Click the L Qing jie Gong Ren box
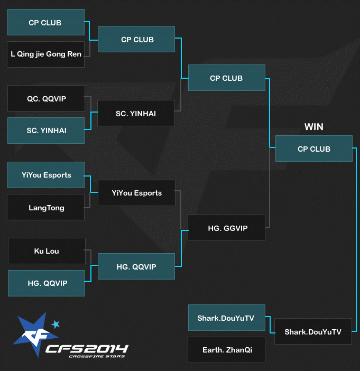pos(46,54)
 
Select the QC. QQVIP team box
pos(46,98)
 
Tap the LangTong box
pos(46,207)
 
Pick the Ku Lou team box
pos(46,251)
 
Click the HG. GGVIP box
pos(227,228)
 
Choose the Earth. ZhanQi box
pos(227,350)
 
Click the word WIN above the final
pos(313,127)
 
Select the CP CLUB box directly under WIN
pos(313,149)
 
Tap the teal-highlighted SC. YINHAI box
pos(46,131)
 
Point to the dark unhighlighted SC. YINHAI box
pos(136,113)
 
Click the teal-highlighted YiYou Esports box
pos(46,175)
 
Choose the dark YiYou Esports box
pos(136,193)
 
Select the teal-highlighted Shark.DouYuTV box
pos(227,318)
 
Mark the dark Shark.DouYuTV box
pos(313,332)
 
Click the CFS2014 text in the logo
pos(87,349)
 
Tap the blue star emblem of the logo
pos(32,336)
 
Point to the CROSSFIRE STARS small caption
pos(96,357)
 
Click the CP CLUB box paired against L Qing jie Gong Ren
pos(46,22)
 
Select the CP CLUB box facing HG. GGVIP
pos(227,78)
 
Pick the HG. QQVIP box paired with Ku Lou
pos(46,283)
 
